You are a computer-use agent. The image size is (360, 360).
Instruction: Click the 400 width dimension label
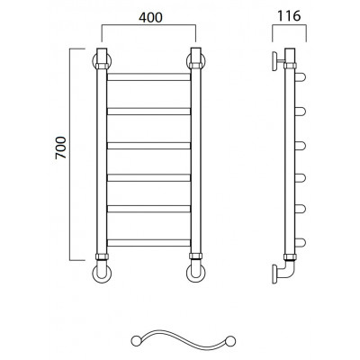150,17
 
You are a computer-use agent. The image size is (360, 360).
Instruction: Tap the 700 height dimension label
60,148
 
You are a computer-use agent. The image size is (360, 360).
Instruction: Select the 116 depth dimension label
289,15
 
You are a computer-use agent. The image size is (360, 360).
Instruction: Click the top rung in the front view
149,76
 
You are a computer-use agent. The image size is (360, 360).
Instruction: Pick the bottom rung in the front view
149,243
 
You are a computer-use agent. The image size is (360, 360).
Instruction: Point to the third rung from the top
149,146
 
